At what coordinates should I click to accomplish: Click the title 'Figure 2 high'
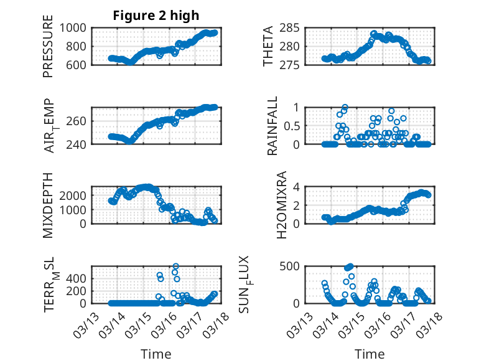point(156,16)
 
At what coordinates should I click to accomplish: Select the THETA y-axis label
point(268,46)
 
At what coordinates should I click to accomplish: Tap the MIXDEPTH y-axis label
point(48,205)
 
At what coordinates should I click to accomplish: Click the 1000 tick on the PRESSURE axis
point(74,27)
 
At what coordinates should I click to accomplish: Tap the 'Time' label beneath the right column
point(370,354)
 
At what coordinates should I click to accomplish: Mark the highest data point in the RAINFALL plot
point(345,107)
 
